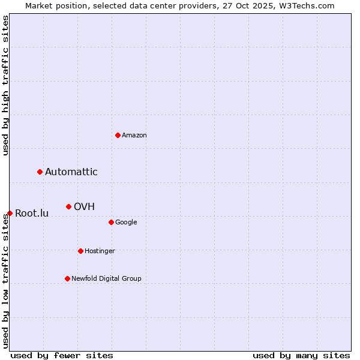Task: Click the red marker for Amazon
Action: coord(118,135)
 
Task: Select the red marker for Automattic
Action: coord(40,172)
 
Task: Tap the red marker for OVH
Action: coord(69,207)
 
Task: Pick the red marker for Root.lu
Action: coord(10,213)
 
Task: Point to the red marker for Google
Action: coord(111,222)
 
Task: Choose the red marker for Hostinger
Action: coord(80,251)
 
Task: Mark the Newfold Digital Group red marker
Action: coord(67,278)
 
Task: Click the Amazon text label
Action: coord(134,135)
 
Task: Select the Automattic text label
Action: coord(71,172)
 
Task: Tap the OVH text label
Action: coord(84,207)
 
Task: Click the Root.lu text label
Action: coord(32,214)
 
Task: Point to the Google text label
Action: coord(126,222)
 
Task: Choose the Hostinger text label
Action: coord(100,251)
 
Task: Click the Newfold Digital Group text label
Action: coord(106,278)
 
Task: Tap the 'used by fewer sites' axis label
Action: coord(62,355)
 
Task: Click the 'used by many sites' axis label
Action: coord(301,355)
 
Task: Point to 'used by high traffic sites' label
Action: coord(5,86)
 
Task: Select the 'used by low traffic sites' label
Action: coord(5,281)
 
